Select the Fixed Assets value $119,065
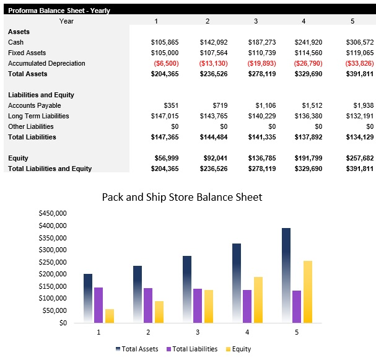[x=360, y=53]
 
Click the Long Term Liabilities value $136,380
[x=312, y=116]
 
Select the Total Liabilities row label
[x=32, y=137]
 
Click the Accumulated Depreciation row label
[x=46, y=63]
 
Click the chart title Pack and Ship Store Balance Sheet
[x=181, y=197]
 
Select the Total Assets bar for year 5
[x=286, y=275]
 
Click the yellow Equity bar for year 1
[x=110, y=316]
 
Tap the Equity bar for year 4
[x=258, y=299]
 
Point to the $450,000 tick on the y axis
[x=53, y=213]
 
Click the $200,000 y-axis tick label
[x=53, y=274]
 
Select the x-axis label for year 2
[x=148, y=333]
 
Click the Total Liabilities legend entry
[x=192, y=349]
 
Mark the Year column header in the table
[x=67, y=21]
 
